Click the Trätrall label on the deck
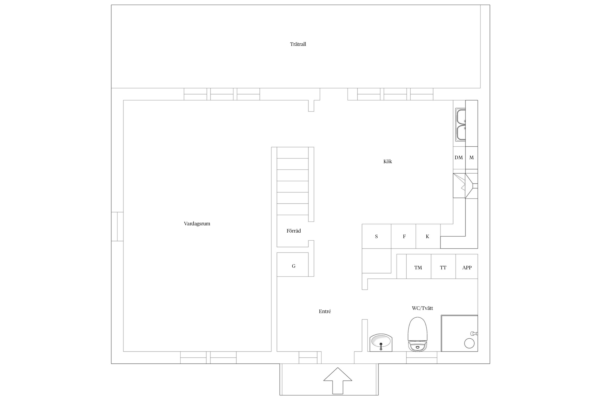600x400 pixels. click(298, 44)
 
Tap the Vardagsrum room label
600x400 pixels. click(197, 224)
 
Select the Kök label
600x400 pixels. click(387, 161)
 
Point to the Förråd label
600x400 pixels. click(294, 231)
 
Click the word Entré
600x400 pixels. click(325, 311)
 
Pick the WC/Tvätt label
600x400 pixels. click(422, 308)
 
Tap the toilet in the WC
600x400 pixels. click(418, 334)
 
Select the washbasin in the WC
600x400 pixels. click(381, 342)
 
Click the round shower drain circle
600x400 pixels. click(469, 343)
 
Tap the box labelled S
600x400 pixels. click(377, 236)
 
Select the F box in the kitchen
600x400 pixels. click(403, 236)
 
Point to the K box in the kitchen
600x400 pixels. click(428, 236)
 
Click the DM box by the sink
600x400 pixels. click(459, 158)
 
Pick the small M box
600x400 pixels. click(472, 158)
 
